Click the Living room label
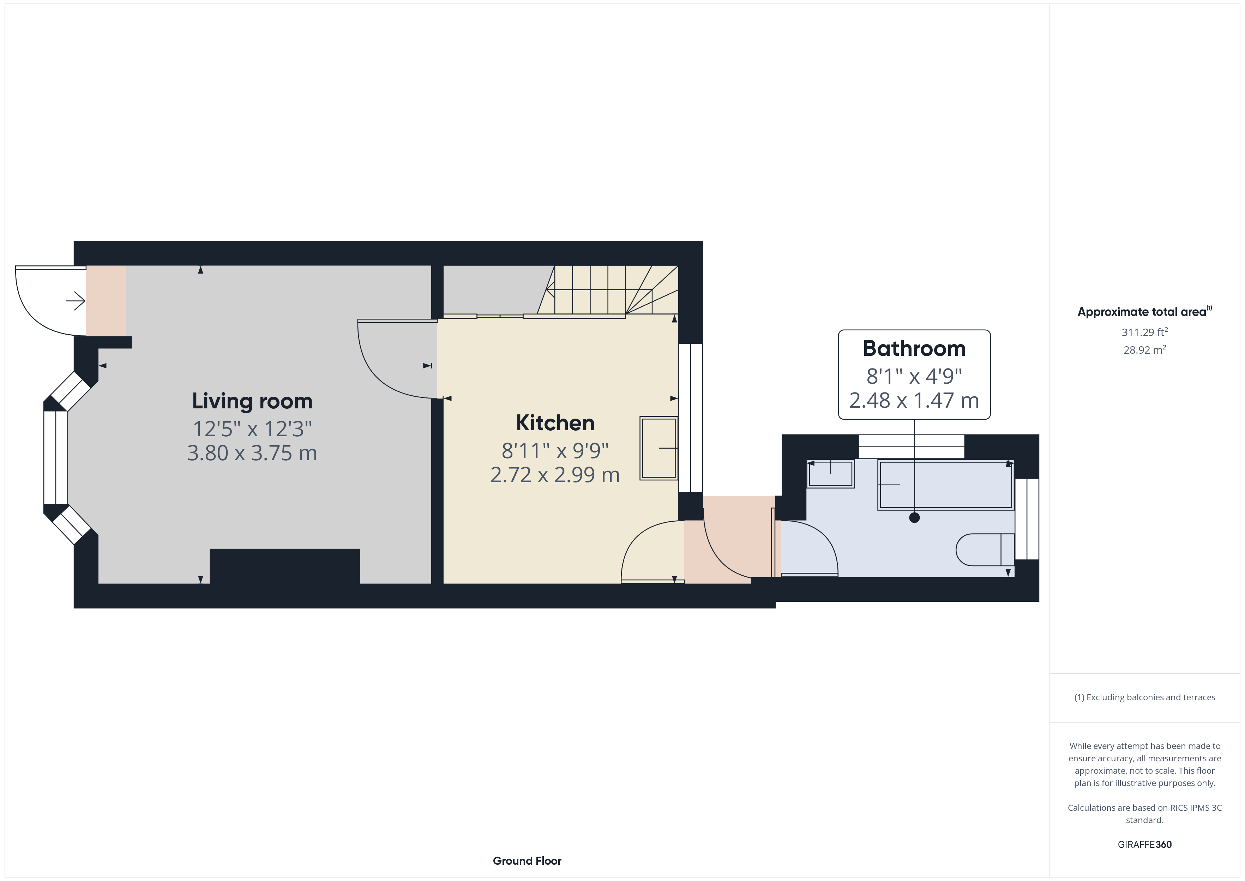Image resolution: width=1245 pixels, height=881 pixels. tap(252, 401)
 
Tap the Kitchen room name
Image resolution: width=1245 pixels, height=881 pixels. tap(555, 423)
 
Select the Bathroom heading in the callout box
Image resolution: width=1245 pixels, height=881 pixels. tap(914, 348)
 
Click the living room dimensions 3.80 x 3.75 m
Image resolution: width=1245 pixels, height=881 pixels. tap(252, 453)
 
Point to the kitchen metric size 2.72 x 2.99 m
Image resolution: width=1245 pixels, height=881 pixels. tap(555, 475)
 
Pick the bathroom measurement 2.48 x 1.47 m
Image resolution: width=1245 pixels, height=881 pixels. tap(914, 400)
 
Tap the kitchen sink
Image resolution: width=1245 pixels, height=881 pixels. tap(659, 448)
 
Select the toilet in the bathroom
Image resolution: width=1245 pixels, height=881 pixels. tap(985, 550)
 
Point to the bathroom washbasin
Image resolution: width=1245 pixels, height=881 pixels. tap(830, 474)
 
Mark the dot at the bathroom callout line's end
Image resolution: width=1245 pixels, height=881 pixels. tap(914, 517)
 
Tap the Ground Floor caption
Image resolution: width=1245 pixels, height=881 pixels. tap(527, 861)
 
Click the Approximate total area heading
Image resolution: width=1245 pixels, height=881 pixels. tap(1144, 311)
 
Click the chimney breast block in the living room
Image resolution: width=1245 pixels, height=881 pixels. tap(285, 567)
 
